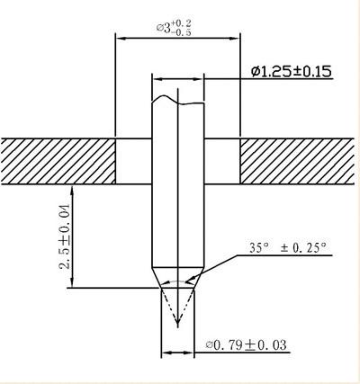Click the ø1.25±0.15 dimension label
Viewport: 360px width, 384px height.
(292, 72)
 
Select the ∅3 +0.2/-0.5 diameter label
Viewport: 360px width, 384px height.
(174, 28)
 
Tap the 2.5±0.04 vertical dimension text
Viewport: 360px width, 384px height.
(65, 237)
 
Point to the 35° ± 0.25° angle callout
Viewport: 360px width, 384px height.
(287, 248)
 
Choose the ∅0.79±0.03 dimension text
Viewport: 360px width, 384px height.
(246, 344)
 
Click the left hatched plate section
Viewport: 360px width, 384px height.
(58, 161)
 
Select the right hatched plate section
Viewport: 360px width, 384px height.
(297, 161)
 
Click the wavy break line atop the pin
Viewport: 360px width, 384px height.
(178, 101)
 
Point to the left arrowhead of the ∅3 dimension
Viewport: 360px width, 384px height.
(121, 39)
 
